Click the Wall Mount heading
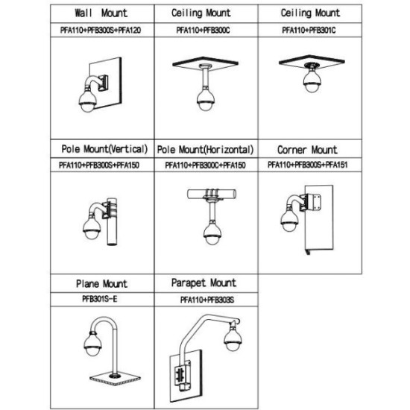pyautogui.click(x=101, y=13)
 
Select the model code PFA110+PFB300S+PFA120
pyautogui.click(x=101, y=30)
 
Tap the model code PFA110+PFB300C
pyautogui.click(x=204, y=30)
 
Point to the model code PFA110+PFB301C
pyautogui.click(x=309, y=30)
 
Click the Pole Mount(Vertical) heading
pyautogui.click(x=104, y=149)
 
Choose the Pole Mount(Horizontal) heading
pyautogui.click(x=205, y=150)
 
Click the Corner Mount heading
pyautogui.click(x=307, y=150)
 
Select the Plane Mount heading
pyautogui.click(x=101, y=284)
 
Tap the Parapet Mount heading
pyautogui.click(x=204, y=283)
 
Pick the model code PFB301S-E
pyautogui.click(x=100, y=299)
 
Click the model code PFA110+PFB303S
pyautogui.click(x=207, y=300)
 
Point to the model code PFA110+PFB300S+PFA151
pyautogui.click(x=308, y=165)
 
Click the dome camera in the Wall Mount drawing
pyautogui.click(x=88, y=101)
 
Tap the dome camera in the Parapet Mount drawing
pyautogui.click(x=233, y=338)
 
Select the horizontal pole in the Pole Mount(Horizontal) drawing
pyautogui.click(x=212, y=194)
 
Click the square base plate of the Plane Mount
pyautogui.click(x=115, y=379)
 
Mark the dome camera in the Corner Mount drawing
pyautogui.click(x=289, y=220)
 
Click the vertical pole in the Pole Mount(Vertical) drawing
pyautogui.click(x=112, y=221)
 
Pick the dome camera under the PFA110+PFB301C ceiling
pyautogui.click(x=312, y=80)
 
